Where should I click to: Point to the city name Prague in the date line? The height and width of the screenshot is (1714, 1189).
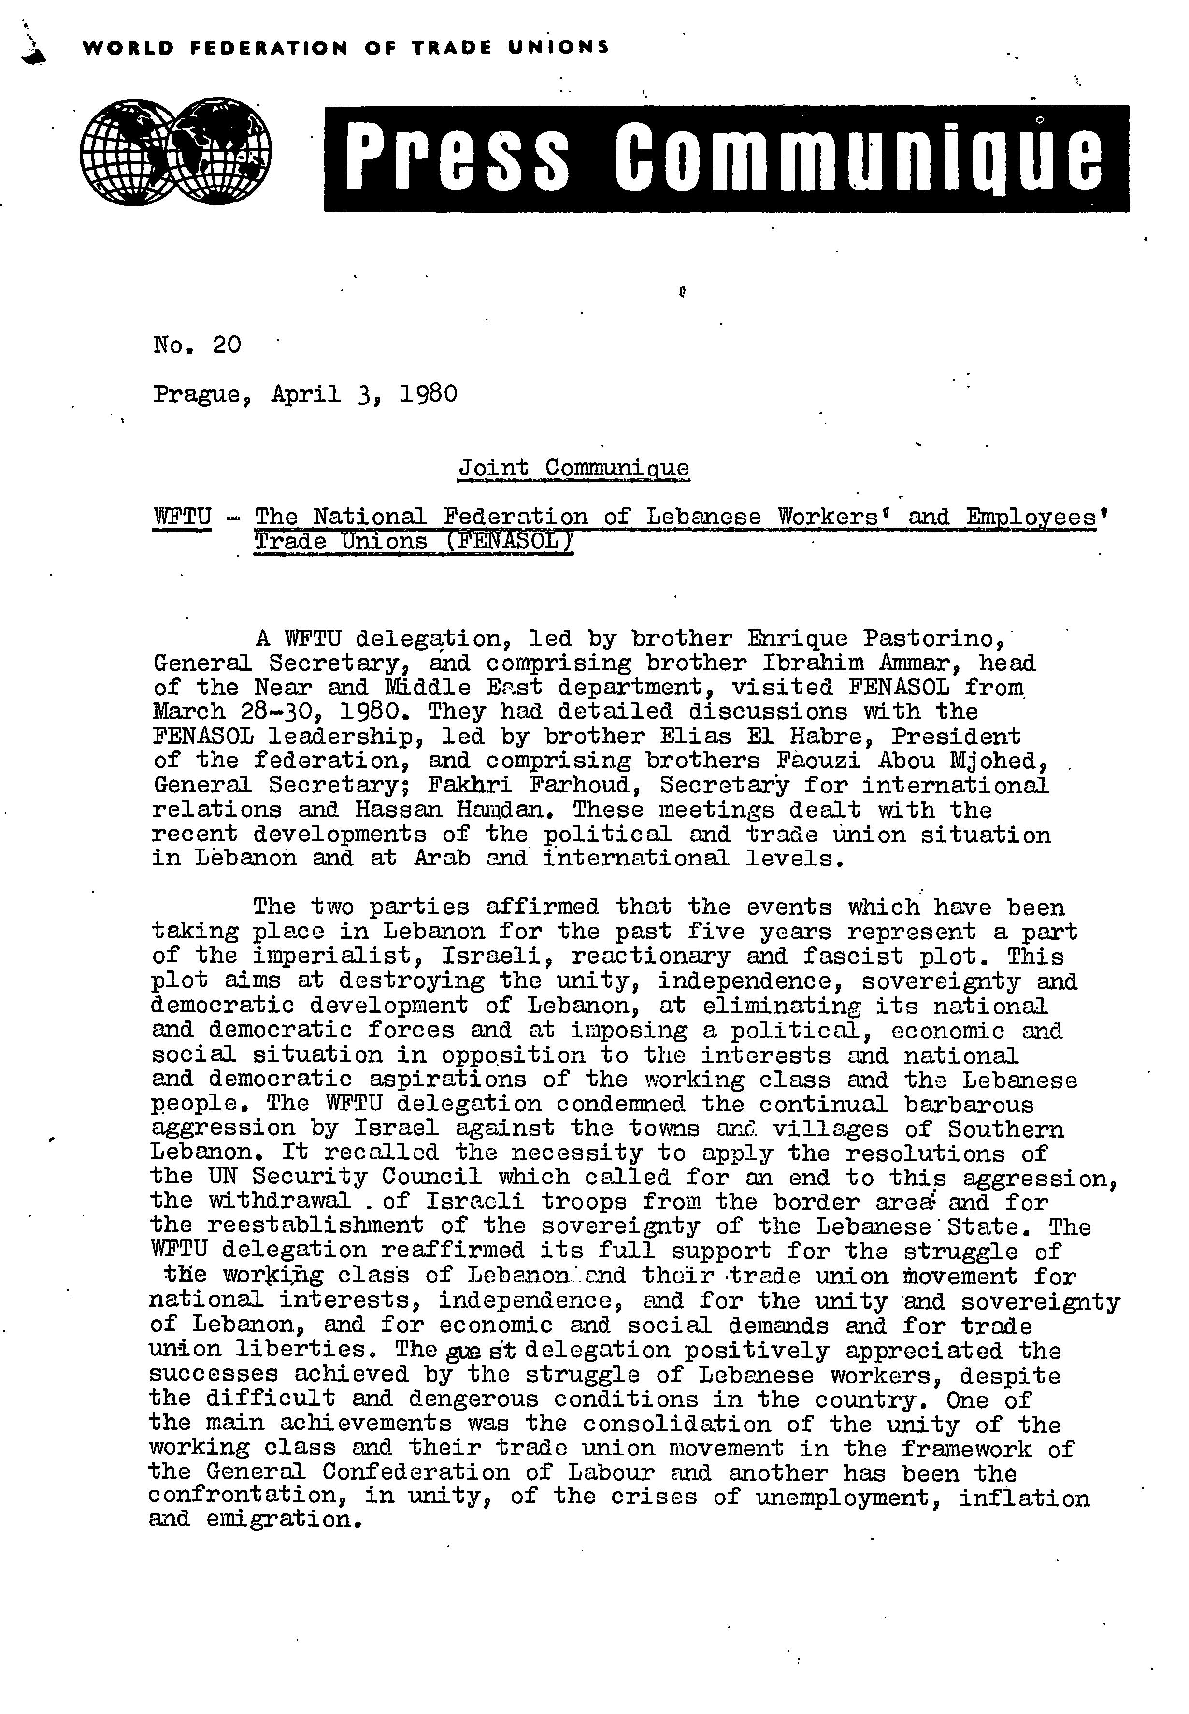pos(200,393)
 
